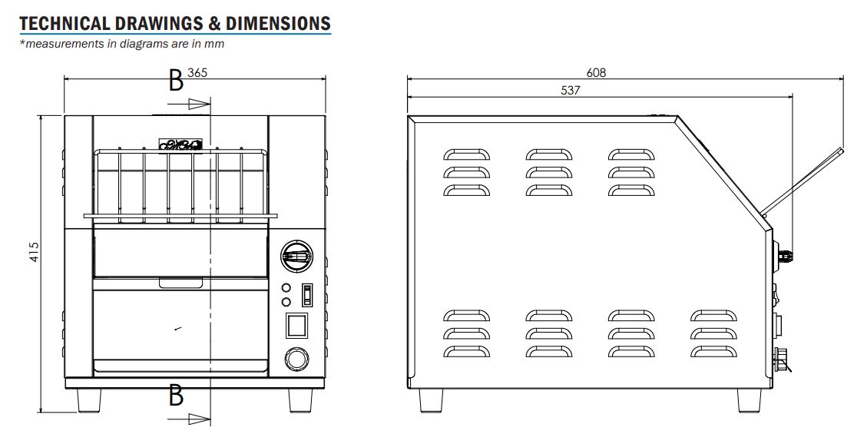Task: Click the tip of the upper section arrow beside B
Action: [x=210, y=104]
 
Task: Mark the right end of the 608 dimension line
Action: [x=845, y=79]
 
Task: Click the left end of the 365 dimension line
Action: [x=65, y=79]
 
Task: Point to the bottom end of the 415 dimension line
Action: [x=41, y=413]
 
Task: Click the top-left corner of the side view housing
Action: [x=408, y=115]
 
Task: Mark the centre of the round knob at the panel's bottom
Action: [x=296, y=360]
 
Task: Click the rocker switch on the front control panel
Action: [x=308, y=294]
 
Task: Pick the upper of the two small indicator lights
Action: [x=286, y=287]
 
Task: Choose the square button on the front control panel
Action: [x=296, y=325]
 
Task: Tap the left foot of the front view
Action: [x=89, y=400]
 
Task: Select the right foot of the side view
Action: [x=749, y=400]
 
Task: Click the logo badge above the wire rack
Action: [x=180, y=144]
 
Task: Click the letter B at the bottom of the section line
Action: [x=175, y=395]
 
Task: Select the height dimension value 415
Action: [x=34, y=251]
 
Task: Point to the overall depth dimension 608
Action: [x=597, y=72]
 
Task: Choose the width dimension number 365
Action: [x=197, y=72]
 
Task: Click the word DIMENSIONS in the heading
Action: [x=278, y=23]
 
